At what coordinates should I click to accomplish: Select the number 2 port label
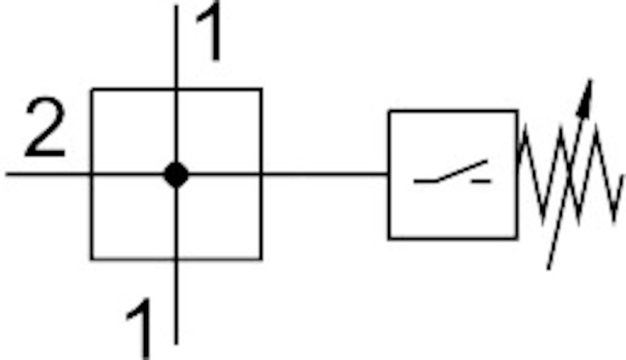coord(44,129)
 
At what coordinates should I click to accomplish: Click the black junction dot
coord(176,174)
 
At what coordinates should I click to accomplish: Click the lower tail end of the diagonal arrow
coord(548,268)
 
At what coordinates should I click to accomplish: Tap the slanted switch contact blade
coord(462,171)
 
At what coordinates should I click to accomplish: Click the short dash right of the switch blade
coord(482,181)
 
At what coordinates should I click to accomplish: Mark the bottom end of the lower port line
coord(176,343)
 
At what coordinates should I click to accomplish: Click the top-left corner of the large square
coord(92,90)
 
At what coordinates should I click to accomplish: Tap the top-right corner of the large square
coord(261,90)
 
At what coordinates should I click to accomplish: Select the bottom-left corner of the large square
coord(92,258)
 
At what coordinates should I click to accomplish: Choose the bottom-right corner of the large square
coord(261,258)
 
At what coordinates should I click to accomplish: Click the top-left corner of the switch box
coord(389,111)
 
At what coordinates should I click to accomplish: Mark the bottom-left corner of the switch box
coord(389,238)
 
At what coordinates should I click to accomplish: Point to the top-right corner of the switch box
coord(516,111)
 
